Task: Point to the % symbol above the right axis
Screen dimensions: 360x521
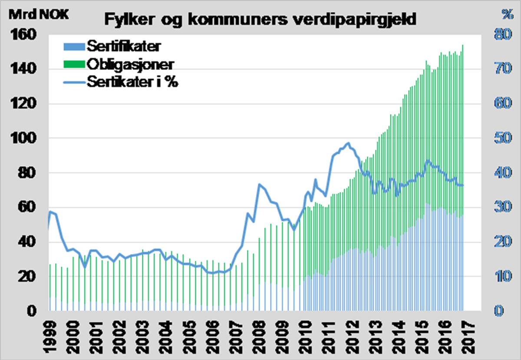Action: click(x=507, y=14)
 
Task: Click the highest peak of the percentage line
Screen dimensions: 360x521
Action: click(x=348, y=143)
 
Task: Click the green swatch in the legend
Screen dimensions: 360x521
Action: click(x=74, y=64)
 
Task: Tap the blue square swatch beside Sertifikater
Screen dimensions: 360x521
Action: click(x=74, y=46)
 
